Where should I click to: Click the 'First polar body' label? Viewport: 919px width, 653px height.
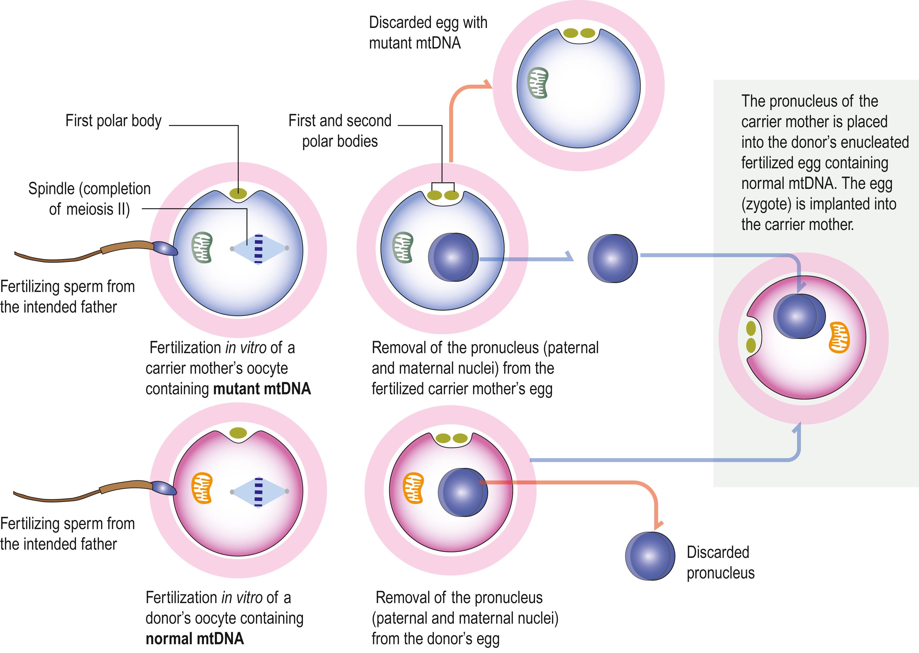click(113, 121)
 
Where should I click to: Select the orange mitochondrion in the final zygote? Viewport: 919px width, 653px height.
click(840, 337)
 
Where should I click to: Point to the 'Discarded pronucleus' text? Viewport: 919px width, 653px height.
click(720, 563)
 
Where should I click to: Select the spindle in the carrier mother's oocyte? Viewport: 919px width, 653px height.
click(259, 249)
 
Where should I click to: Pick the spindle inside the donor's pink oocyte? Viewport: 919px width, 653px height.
click(259, 492)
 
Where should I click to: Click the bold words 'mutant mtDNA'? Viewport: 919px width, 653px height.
click(262, 389)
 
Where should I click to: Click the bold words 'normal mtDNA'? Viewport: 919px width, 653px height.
click(195, 638)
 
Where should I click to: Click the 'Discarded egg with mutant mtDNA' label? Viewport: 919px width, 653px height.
click(428, 33)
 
